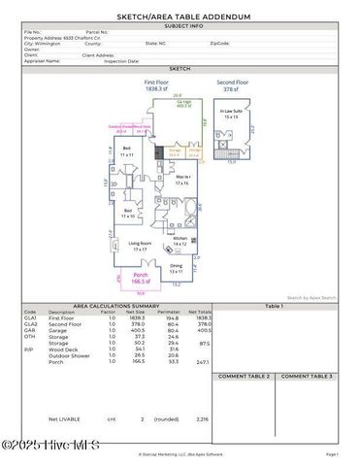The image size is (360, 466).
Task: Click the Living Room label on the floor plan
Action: (140, 247)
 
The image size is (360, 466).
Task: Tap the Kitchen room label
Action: (180, 241)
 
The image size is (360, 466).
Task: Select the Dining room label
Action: (176, 269)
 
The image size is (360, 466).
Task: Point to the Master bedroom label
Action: (181, 180)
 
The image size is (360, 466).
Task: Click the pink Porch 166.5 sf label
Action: (142, 278)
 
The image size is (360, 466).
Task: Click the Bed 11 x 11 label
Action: (126, 152)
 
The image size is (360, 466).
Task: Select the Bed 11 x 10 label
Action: (126, 213)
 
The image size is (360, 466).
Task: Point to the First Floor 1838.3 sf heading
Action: (157, 85)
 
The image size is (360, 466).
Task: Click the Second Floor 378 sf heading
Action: (233, 85)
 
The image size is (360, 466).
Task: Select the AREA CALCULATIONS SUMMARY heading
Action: (116, 305)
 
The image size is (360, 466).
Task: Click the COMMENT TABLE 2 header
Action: (244, 376)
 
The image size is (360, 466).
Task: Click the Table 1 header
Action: (275, 305)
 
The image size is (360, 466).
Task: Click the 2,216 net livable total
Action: (202, 418)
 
